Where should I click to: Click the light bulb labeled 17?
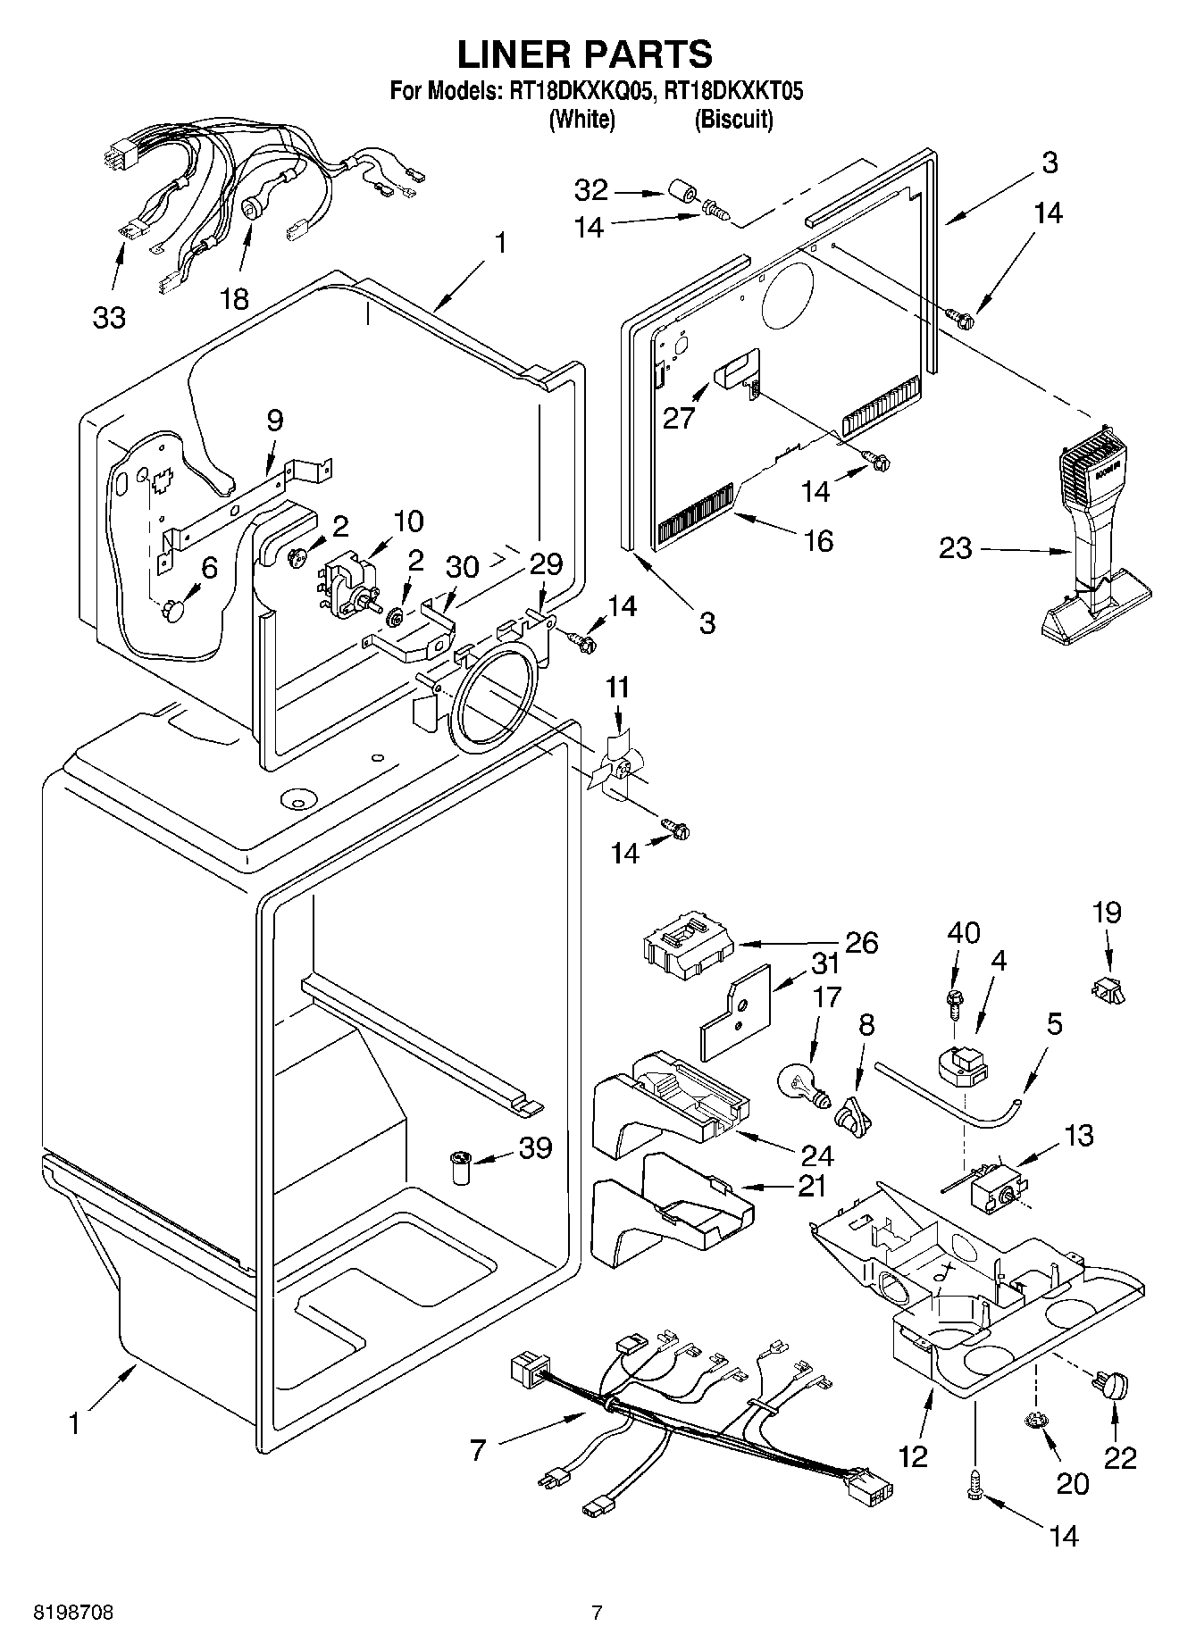803,1083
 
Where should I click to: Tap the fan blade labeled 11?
614,765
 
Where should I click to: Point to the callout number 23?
955,547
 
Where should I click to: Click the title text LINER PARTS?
585,54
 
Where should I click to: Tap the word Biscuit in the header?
733,119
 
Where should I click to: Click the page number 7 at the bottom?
597,1612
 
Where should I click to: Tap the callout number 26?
862,942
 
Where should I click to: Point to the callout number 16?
818,539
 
